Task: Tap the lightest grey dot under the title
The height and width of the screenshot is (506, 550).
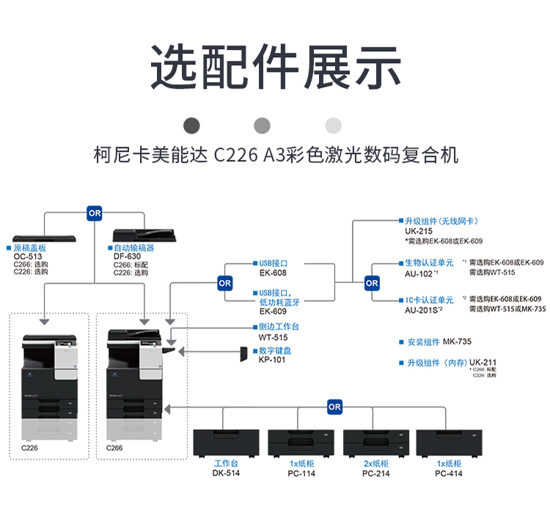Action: (x=334, y=125)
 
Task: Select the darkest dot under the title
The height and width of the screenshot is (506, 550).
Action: (x=192, y=125)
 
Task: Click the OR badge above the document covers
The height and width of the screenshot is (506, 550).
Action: (x=95, y=213)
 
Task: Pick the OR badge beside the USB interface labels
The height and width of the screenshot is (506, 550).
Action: (x=224, y=282)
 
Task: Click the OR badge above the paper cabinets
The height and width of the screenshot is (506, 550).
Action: (x=334, y=406)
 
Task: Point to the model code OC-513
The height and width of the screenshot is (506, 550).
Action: (x=29, y=256)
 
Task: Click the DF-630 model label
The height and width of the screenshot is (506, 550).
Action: (x=128, y=256)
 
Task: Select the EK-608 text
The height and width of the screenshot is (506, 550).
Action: (x=273, y=273)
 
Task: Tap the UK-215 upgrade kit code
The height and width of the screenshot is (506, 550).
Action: (x=417, y=230)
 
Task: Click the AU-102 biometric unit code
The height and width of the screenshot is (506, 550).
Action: (x=418, y=273)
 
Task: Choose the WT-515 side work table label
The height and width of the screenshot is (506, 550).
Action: (x=272, y=337)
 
